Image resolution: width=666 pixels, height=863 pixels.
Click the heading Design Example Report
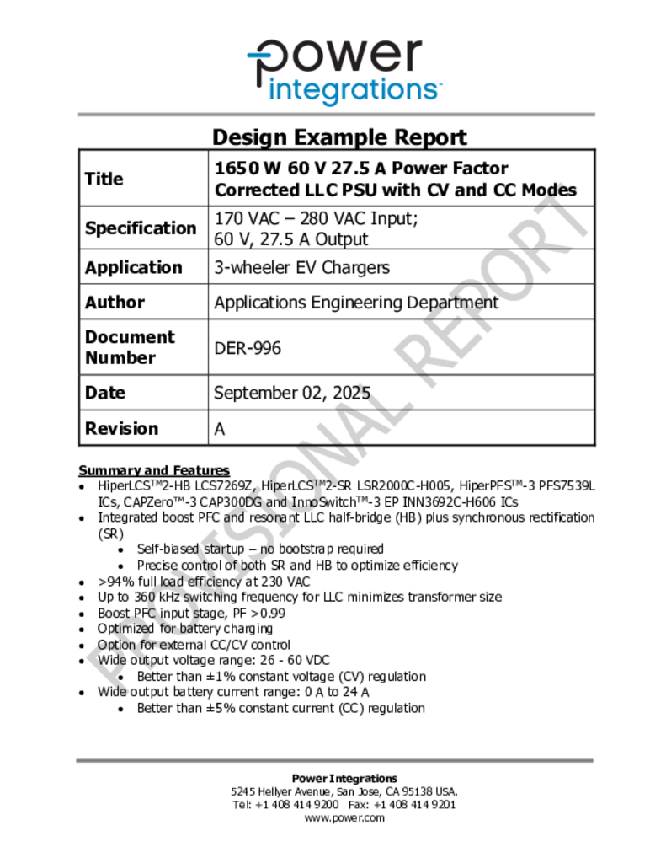pos(338,137)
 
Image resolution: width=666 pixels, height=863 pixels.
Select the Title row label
pos(104,179)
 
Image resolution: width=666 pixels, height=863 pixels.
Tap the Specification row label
pos(140,228)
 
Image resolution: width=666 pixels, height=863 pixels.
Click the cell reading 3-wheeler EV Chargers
pos(301,268)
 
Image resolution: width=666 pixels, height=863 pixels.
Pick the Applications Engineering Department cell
pos(356,303)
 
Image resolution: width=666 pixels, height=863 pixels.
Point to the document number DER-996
pos(248,347)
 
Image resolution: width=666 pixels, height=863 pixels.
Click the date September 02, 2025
pos(291,393)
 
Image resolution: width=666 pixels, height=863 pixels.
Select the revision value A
pos(220,429)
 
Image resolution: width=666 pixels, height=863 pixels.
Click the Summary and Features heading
pos(153,470)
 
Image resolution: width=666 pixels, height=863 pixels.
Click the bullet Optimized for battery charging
pos(184,629)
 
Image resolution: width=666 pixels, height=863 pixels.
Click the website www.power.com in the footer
pos(344,817)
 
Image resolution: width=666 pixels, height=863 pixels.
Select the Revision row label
pos(121,428)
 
